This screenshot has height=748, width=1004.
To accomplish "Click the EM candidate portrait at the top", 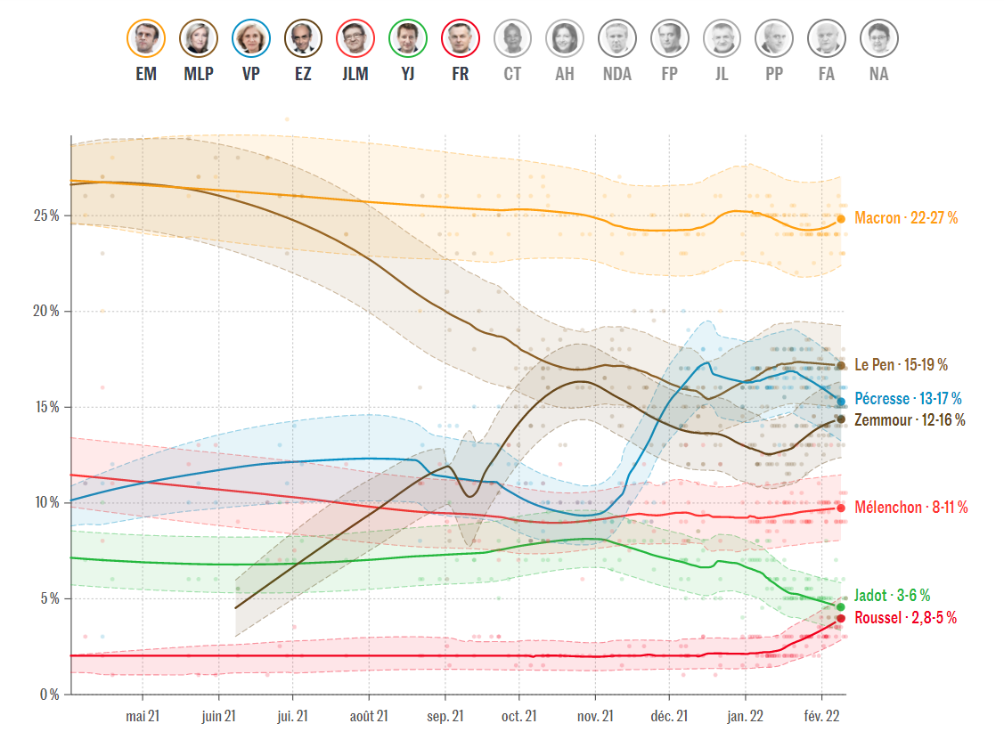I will [x=146, y=38].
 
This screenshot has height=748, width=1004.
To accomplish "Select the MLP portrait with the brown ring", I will [x=199, y=38].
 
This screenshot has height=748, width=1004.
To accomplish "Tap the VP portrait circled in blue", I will [x=251, y=38].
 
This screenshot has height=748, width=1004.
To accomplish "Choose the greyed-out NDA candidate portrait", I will [x=617, y=38].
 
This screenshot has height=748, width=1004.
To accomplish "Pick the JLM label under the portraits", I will [x=355, y=75].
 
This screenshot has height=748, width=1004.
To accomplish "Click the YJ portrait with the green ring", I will [x=408, y=38].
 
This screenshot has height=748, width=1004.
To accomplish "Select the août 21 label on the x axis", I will [x=369, y=716].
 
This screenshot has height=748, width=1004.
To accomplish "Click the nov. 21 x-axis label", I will [x=595, y=716].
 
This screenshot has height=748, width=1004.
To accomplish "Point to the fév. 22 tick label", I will [x=820, y=716].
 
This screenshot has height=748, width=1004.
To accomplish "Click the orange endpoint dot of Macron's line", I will [x=841, y=218].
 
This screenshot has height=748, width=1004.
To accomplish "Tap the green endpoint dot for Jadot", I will [x=840, y=607].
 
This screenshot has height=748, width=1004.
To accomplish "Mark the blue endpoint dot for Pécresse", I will [x=841, y=402].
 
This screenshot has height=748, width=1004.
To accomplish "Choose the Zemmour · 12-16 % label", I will [x=910, y=419].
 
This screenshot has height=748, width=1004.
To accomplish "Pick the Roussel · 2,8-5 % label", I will [x=905, y=618].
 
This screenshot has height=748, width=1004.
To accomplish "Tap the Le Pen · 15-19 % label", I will [x=901, y=365].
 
